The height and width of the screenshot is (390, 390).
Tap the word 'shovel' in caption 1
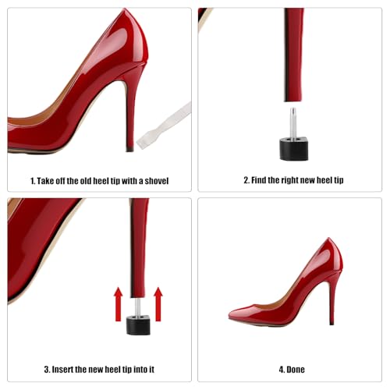[154, 181]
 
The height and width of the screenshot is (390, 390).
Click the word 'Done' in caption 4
[297, 369]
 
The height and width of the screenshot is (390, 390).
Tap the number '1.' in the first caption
[34, 181]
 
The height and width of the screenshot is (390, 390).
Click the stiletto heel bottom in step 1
[130, 145]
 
